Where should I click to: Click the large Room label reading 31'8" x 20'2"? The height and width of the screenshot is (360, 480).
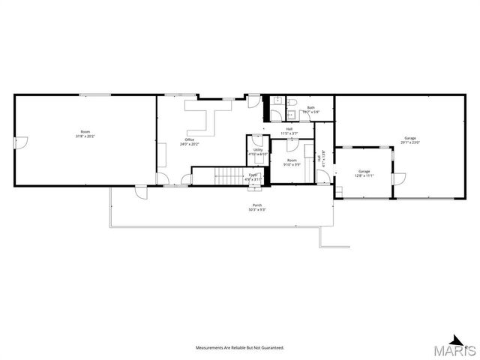tap(85, 133)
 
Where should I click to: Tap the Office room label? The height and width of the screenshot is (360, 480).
tap(190, 141)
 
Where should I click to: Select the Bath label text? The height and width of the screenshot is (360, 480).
tap(311, 109)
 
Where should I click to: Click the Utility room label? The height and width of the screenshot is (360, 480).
tap(258, 151)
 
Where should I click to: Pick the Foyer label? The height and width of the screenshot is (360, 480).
tap(253, 177)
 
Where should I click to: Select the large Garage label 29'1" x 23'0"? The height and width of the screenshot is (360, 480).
tap(410, 139)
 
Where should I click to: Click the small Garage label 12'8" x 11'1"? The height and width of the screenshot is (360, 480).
tap(364, 173)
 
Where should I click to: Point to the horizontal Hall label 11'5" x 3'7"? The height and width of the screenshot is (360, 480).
tap(289, 131)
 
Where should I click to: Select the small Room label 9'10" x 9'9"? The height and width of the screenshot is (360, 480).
tap(292, 161)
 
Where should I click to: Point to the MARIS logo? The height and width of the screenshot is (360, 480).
tap(458, 348)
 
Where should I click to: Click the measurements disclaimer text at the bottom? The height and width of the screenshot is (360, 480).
tap(240, 348)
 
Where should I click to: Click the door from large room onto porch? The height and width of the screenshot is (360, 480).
tap(139, 192)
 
